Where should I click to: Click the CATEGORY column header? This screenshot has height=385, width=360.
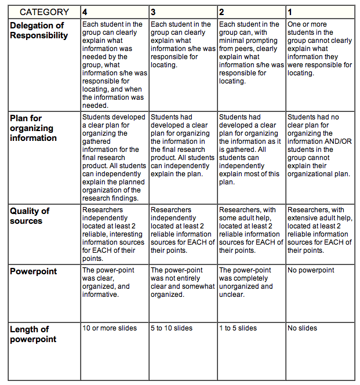tap(44, 12)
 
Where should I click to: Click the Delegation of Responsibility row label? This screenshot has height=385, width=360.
tap(38, 31)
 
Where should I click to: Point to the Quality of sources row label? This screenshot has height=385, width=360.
tap(30, 216)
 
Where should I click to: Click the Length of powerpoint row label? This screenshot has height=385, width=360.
tap(33, 334)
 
